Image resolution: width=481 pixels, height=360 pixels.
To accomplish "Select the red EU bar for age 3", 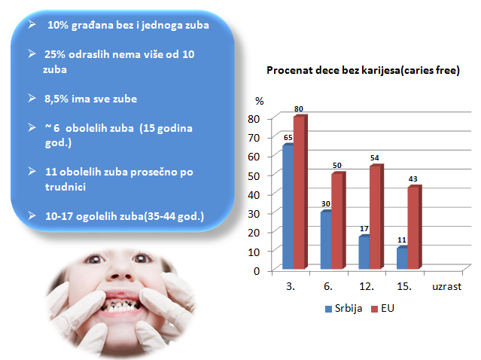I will [299, 191].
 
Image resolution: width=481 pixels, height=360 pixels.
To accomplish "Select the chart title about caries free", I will [364, 70].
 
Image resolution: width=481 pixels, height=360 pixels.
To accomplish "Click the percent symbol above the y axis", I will [259, 100].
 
